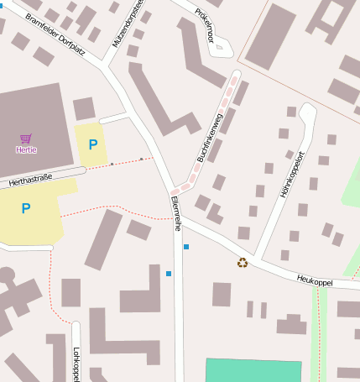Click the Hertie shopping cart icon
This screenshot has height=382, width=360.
coord(26,139)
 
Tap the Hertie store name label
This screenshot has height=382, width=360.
coord(26,150)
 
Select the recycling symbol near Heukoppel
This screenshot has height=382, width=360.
coord(243,263)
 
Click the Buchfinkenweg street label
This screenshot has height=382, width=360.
coord(209,138)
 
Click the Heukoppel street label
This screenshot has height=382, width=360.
coord(315,280)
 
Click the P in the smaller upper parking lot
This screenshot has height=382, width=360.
coord(93,144)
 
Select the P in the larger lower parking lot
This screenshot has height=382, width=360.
coord(26,208)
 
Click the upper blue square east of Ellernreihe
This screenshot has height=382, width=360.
coord(186,247)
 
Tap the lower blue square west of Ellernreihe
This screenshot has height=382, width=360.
coord(169,274)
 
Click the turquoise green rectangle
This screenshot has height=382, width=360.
coord(253,370)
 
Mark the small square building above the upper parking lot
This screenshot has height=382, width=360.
coord(84,108)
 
